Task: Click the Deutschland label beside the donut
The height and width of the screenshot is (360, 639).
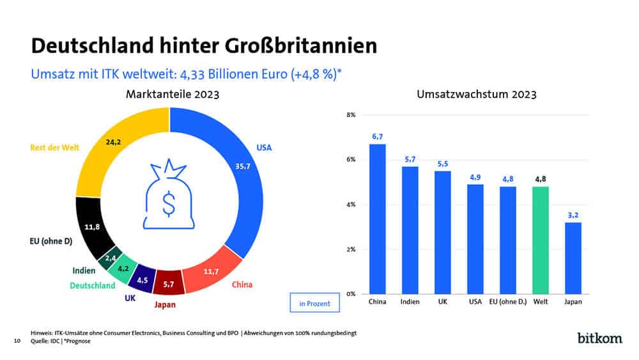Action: (93, 285)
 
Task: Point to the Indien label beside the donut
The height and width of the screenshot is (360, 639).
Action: (84, 270)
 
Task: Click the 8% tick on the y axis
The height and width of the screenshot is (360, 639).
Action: (351, 115)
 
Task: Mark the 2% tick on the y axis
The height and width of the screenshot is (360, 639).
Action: (351, 249)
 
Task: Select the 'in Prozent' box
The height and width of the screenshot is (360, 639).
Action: (315, 303)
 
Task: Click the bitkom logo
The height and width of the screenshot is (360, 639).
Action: (599, 337)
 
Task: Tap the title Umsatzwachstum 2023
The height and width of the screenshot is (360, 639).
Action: (476, 94)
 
